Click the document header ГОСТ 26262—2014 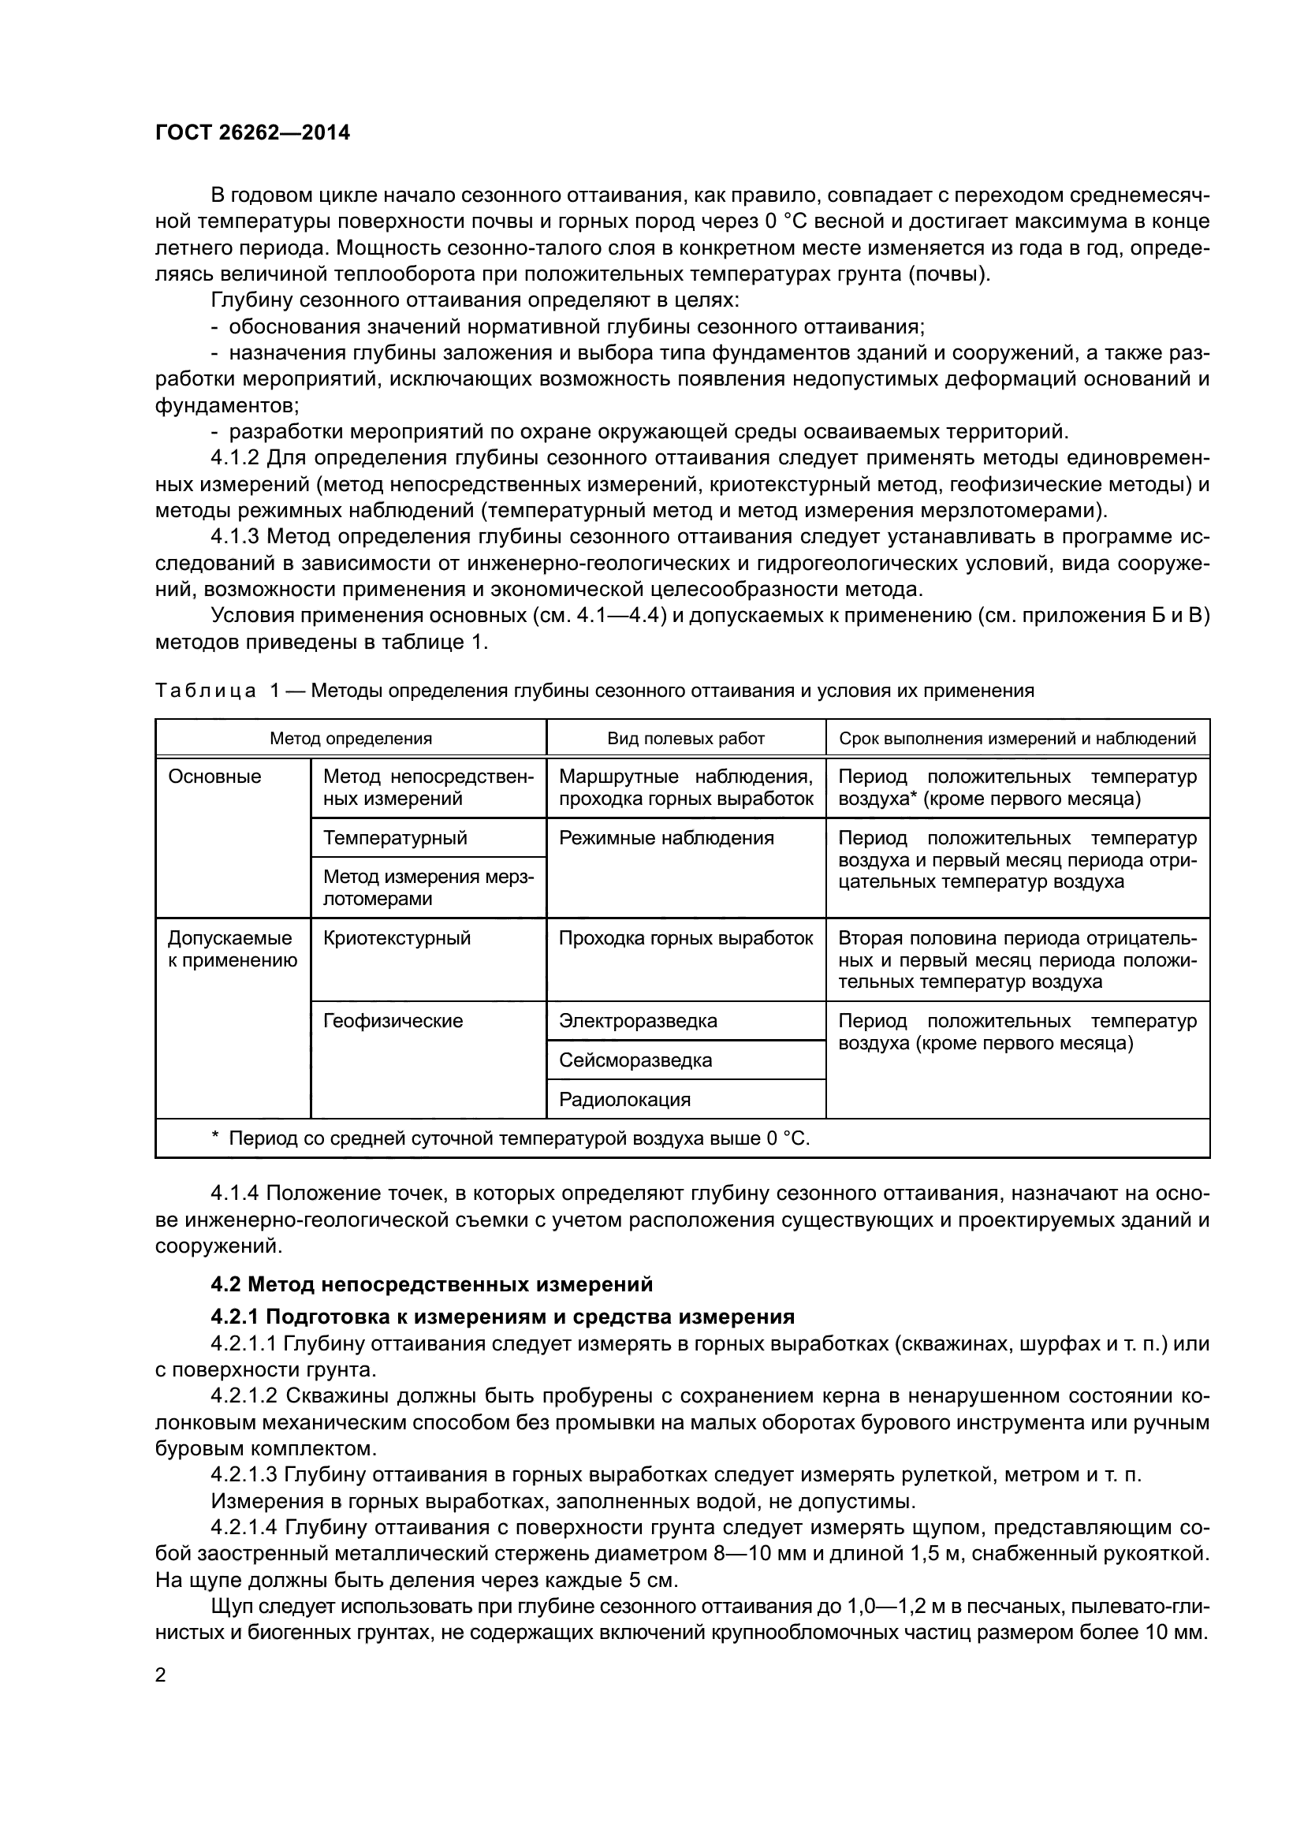[252, 132]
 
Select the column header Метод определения [350, 738]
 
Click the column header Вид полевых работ [686, 738]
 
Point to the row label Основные [214, 777]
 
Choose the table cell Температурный [394, 838]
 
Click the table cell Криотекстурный [396, 938]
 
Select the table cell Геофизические [393, 1021]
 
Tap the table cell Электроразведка [638, 1021]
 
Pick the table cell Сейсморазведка [635, 1060]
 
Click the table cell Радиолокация [624, 1100]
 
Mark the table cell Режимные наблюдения [665, 838]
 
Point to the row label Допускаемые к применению [232, 949]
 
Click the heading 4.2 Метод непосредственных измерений [431, 1284]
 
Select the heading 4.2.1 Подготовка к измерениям [502, 1317]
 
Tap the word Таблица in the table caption [205, 691]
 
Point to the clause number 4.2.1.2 [244, 1396]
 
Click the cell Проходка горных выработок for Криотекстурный [686, 938]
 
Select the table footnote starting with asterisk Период [511, 1138]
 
